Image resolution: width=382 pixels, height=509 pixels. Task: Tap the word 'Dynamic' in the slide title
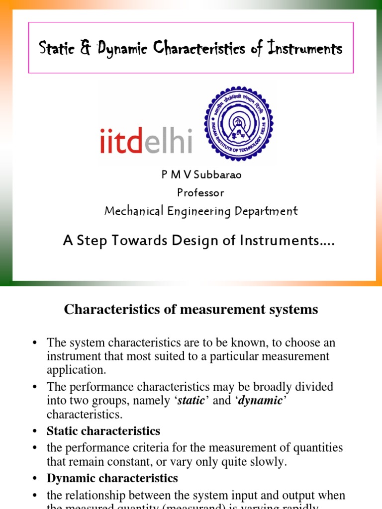(x=123, y=49)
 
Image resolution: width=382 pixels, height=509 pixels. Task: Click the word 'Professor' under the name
(x=200, y=192)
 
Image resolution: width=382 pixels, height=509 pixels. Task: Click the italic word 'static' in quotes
(x=191, y=401)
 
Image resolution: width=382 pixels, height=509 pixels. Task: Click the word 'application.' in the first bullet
(x=76, y=370)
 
